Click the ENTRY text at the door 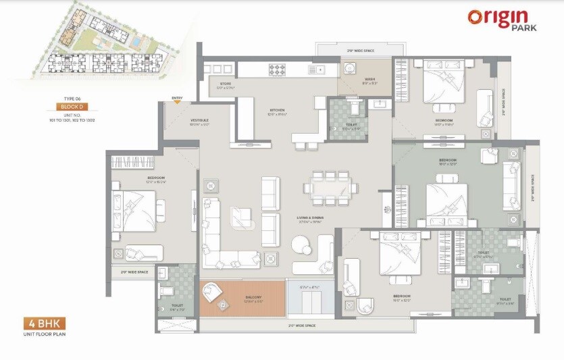(177, 99)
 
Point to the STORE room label (225, 86)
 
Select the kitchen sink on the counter (315, 69)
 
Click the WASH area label (369, 80)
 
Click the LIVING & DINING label (310, 217)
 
